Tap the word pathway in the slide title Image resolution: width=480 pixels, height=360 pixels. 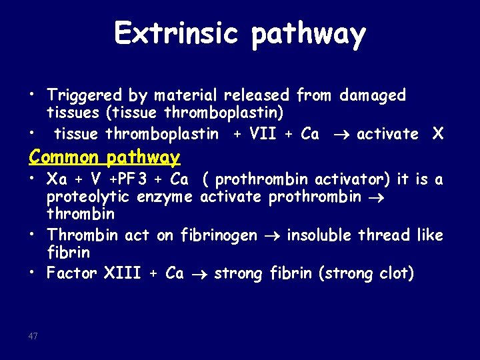(308, 35)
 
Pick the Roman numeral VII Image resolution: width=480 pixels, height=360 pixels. (263, 134)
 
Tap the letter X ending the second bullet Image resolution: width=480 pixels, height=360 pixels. (437, 134)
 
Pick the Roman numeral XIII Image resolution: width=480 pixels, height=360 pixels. (123, 273)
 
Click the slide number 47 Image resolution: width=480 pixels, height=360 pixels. (33, 336)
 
